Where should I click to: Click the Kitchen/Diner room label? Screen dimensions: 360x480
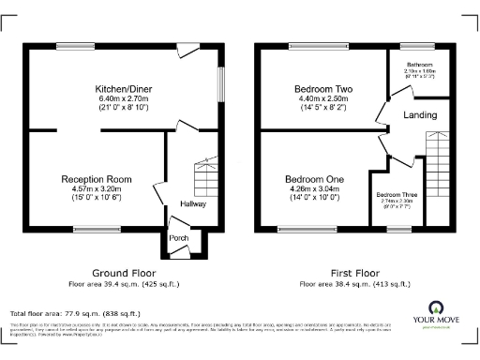(x=124, y=89)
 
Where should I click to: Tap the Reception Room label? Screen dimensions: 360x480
(x=97, y=178)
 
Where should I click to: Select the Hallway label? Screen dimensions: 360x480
(x=194, y=203)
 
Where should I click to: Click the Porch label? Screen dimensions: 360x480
(x=178, y=238)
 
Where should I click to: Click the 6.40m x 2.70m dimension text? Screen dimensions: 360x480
(x=124, y=99)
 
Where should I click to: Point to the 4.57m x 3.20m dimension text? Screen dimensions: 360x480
(x=97, y=188)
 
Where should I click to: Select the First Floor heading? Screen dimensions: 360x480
(x=353, y=273)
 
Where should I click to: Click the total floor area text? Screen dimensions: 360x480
(x=75, y=312)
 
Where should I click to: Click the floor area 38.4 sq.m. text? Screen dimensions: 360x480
(x=353, y=283)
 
